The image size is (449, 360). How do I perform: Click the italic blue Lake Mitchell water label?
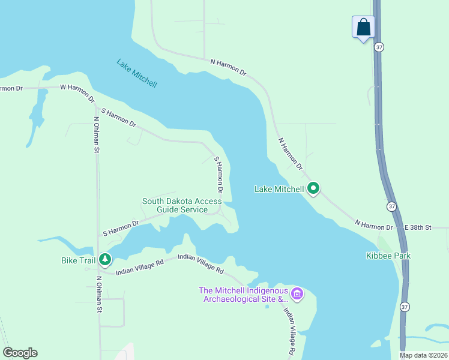pos(137,73)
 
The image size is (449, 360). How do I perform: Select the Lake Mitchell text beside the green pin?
pos(280,189)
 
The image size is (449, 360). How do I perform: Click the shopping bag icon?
pos(363,28)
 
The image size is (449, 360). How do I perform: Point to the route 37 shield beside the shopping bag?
pos(379,47)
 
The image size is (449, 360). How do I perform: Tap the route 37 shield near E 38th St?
pos(392,206)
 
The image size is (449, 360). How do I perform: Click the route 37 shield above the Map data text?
pos(405,307)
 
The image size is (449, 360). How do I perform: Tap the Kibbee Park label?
pos(388,256)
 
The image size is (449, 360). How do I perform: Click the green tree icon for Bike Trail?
pos(105,259)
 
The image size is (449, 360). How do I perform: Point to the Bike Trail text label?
pos(79,260)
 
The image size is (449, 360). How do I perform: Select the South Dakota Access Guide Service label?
pos(182,205)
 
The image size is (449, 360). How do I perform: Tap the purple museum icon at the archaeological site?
pos(297,294)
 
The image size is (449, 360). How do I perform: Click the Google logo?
pos(20,353)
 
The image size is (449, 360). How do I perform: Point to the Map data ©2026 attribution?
pos(424,355)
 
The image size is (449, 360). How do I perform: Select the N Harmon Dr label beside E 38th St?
pos(373,225)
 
